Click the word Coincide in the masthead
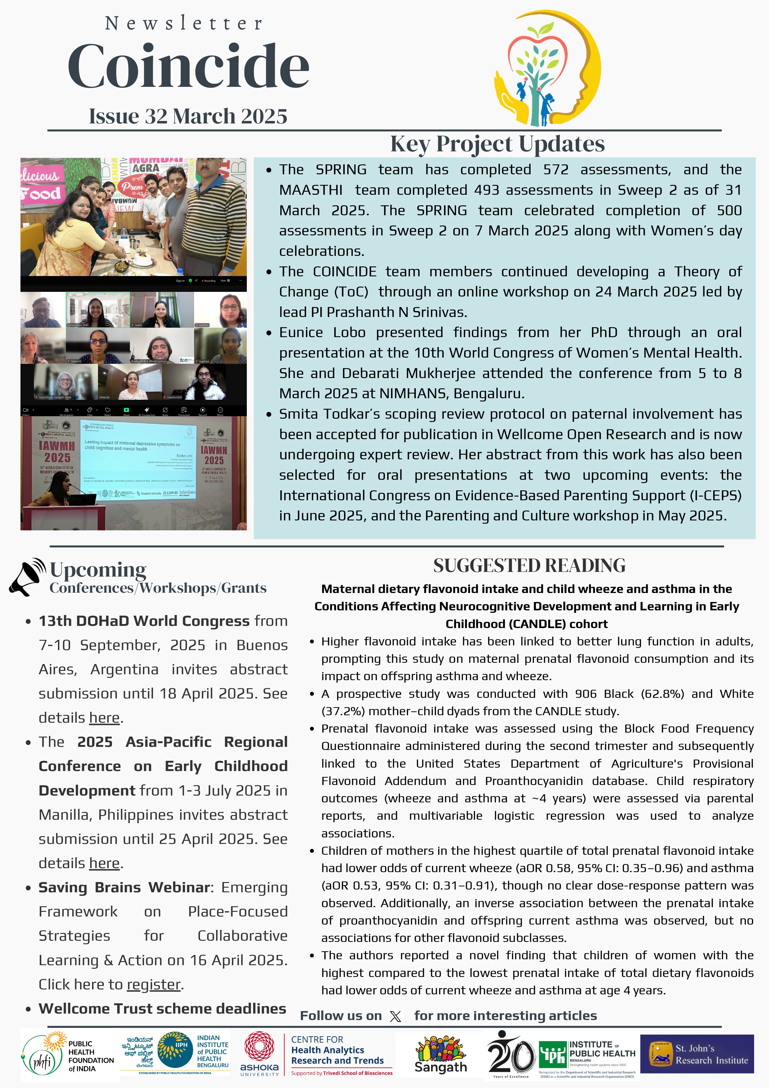pos(188,66)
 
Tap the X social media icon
pos(395,1016)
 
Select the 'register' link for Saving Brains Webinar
pos(153,985)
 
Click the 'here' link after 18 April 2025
pos(104,718)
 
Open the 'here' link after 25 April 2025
pos(104,863)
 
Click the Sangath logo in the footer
pos(440,1055)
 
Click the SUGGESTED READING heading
pos(529,566)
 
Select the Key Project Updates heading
pos(497,144)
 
